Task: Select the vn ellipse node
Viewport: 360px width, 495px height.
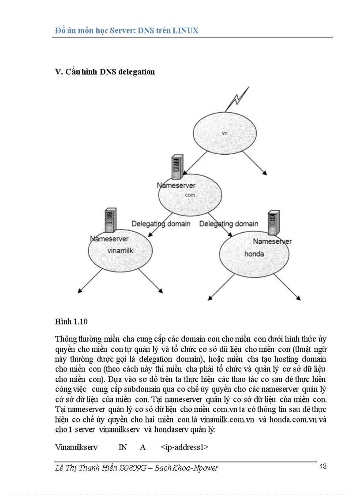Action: [x=225, y=133]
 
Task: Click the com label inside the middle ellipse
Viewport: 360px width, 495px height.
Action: [x=190, y=194]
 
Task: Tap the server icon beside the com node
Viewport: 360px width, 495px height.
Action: [x=178, y=166]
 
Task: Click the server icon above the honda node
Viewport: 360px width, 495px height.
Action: [x=274, y=224]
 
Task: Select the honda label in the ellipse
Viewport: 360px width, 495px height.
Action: [x=254, y=253]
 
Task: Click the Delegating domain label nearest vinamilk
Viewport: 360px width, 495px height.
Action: [x=161, y=223]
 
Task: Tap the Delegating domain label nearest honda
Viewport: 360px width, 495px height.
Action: [x=229, y=223]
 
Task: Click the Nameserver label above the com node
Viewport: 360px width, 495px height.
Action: [x=176, y=186]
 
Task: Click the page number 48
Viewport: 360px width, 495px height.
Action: [x=322, y=466]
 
